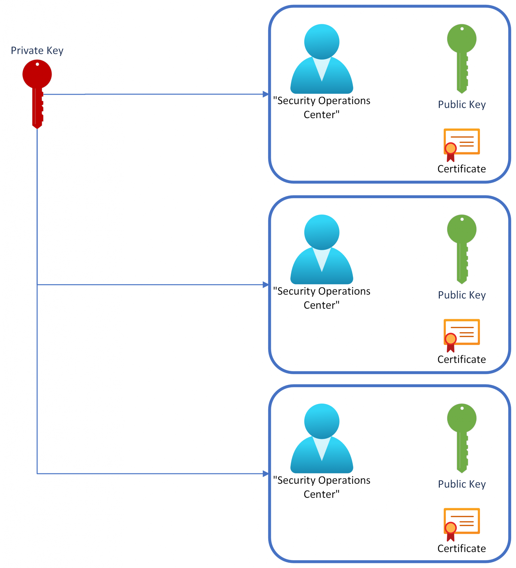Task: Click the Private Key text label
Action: pyautogui.click(x=37, y=51)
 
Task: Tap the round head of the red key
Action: pyautogui.click(x=37, y=74)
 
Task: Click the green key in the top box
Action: pyautogui.click(x=462, y=56)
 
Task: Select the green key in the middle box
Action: pyautogui.click(x=462, y=247)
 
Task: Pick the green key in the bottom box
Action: pyautogui.click(x=462, y=436)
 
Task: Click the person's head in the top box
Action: pyautogui.click(x=322, y=42)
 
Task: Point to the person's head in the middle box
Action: pyautogui.click(x=322, y=232)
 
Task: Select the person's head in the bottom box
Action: pyautogui.click(x=322, y=421)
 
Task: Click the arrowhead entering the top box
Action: pyautogui.click(x=265, y=94)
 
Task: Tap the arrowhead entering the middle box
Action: pyautogui.click(x=265, y=285)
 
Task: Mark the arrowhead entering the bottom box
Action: pyautogui.click(x=265, y=474)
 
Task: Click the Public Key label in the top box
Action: pyautogui.click(x=462, y=105)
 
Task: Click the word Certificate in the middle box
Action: pyautogui.click(x=462, y=359)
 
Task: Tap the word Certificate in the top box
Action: pyautogui.click(x=462, y=169)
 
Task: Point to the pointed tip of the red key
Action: pyautogui.click(x=37, y=127)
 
